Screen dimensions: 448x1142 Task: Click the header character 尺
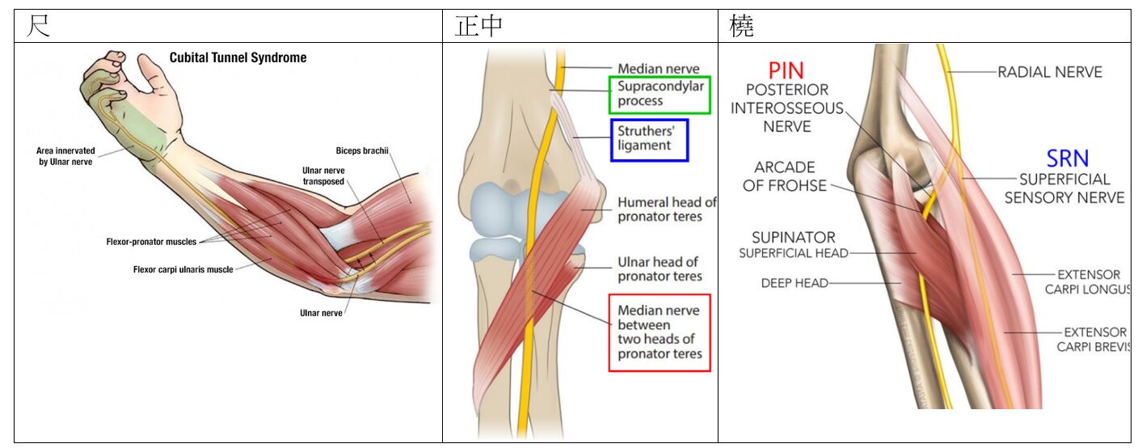point(38,26)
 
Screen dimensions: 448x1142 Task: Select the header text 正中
point(478,26)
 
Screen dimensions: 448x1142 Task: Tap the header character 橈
point(741,26)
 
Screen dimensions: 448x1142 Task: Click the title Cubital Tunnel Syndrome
point(238,58)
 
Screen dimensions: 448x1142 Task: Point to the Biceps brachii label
point(362,150)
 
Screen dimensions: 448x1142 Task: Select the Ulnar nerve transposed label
point(323,176)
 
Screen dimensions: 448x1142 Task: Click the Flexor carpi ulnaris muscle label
point(183,269)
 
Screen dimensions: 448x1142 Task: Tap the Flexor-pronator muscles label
point(151,242)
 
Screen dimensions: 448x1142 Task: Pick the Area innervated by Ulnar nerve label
point(65,156)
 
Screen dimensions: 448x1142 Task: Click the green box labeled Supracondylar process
point(659,94)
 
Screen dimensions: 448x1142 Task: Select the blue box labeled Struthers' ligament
point(648,138)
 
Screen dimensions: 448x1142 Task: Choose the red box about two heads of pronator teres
point(659,332)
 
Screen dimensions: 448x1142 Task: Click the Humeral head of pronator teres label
point(667,209)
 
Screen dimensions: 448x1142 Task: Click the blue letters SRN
point(1067,158)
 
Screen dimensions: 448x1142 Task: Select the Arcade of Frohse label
point(785,176)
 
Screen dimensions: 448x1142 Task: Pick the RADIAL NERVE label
point(1049,72)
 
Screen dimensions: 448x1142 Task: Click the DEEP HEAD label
point(794,283)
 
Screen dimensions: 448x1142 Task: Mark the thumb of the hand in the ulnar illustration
point(151,67)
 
